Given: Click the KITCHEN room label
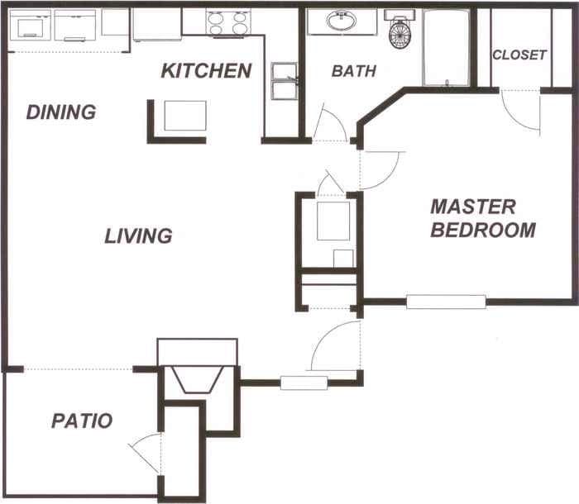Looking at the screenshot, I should click(206, 71).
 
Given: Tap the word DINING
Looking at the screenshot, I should click(60, 112).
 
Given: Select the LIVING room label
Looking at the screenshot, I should click(138, 236).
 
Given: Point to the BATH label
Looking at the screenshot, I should click(354, 72).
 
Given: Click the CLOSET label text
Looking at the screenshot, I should click(519, 55).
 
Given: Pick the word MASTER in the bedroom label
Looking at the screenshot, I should click(473, 207).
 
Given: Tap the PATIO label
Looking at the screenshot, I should click(82, 421).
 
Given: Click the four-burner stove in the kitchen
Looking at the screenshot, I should click(227, 22).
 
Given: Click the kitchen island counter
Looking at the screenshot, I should click(184, 116).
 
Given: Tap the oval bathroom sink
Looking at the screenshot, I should click(341, 21).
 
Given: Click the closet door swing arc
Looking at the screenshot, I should click(523, 112).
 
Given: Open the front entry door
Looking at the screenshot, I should click(334, 347).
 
